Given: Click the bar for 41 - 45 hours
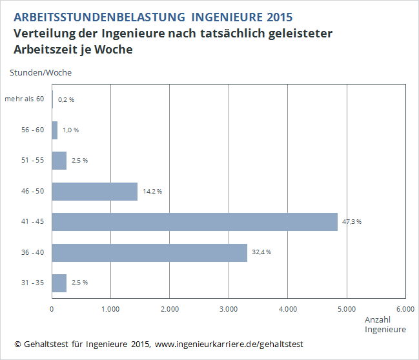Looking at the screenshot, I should (194, 222).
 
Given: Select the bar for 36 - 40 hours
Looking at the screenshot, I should (149, 252).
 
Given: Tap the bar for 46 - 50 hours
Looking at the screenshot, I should (94, 192).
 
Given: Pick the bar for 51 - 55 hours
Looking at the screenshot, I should (59, 161).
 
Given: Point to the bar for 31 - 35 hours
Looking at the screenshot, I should (59, 283).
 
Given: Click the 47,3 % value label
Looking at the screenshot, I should (352, 222).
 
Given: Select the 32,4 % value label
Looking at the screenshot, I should (261, 252).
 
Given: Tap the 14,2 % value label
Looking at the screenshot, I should (152, 192).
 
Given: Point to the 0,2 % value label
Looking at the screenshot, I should (66, 99).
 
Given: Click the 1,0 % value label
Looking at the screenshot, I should (70, 130).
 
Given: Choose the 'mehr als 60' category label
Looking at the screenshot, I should (25, 99).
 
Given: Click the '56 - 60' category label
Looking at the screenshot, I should (32, 130).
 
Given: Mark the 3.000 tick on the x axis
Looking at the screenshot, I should (229, 308).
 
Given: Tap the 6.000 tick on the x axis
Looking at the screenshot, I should (405, 308).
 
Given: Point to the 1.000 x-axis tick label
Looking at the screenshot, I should (110, 308).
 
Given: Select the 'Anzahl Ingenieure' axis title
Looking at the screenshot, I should (385, 325).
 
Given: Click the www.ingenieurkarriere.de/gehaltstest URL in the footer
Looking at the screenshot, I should (229, 344).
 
